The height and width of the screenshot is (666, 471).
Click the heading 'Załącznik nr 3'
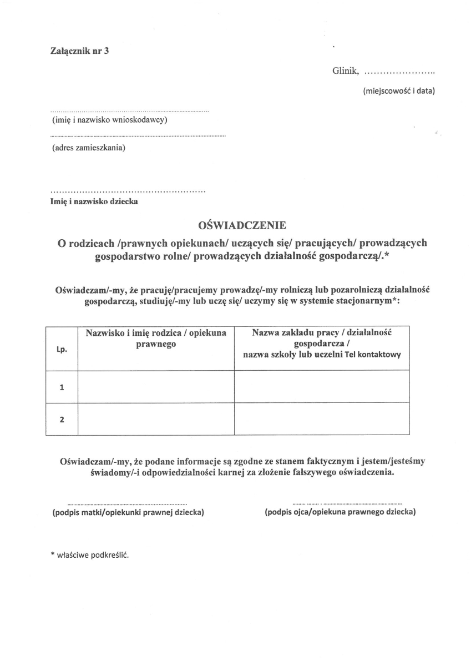(x=80, y=51)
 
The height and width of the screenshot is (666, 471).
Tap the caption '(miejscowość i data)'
(x=398, y=90)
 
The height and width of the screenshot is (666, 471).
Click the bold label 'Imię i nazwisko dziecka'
(x=94, y=201)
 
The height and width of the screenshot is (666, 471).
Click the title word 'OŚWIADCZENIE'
(x=242, y=225)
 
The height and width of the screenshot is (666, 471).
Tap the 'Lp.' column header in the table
(x=62, y=350)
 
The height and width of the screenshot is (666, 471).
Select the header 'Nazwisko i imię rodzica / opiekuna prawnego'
(x=156, y=339)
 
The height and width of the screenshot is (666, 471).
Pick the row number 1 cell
(x=62, y=387)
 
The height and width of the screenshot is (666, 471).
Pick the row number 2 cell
(x=62, y=419)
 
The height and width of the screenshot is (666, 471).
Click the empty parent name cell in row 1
(x=156, y=387)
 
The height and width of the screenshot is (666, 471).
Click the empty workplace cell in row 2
(x=322, y=419)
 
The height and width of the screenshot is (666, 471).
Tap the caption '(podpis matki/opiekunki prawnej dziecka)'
(x=128, y=512)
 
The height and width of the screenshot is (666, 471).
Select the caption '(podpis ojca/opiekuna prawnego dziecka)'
(x=341, y=512)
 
